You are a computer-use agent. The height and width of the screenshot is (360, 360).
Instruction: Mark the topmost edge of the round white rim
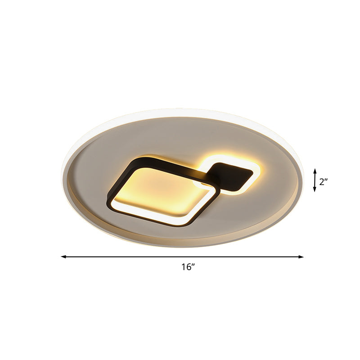click(x=182, y=109)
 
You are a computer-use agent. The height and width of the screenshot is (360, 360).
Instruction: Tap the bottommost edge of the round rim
click(x=182, y=247)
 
